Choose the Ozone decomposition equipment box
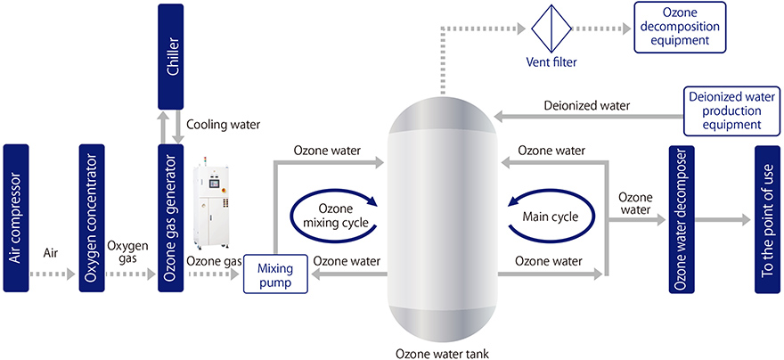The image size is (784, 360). click(678, 28)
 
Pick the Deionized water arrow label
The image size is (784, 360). click(587, 106)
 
